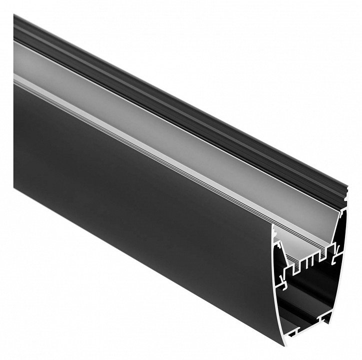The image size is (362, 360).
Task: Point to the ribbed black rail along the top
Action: click(x=175, y=95)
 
